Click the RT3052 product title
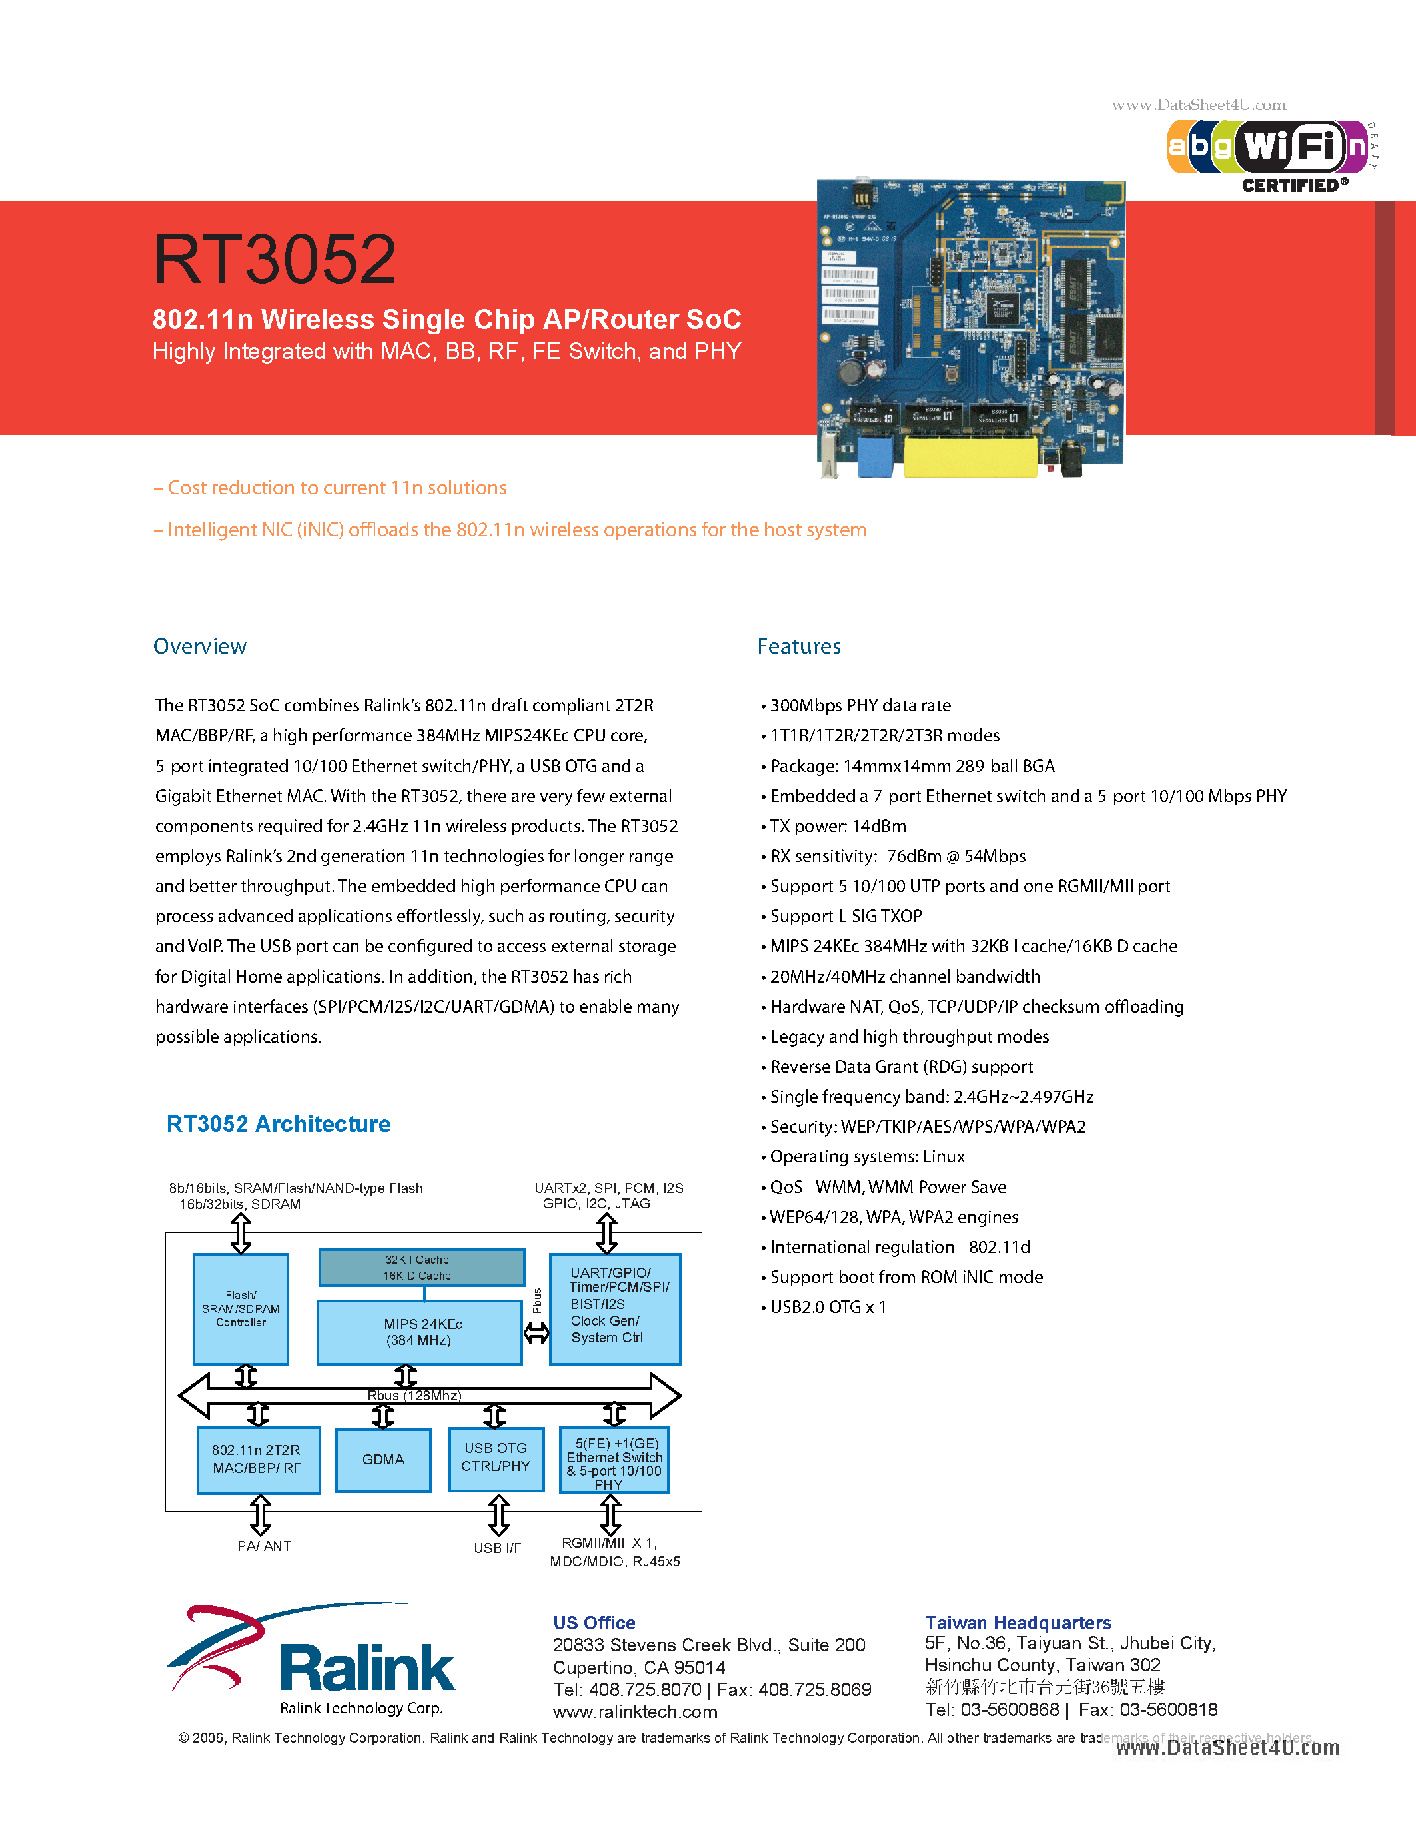click(275, 259)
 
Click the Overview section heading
click(200, 646)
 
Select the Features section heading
click(798, 646)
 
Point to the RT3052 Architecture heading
click(279, 1123)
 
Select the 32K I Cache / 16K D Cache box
click(421, 1268)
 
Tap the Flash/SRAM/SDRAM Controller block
click(241, 1308)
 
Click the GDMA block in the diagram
click(383, 1460)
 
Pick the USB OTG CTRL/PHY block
click(496, 1458)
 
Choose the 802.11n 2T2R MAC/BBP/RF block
click(257, 1460)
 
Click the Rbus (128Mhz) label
click(414, 1396)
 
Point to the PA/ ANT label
click(265, 1546)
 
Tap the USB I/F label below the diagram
click(498, 1548)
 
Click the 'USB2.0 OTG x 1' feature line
click(828, 1307)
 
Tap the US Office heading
click(594, 1623)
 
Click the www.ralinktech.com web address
click(635, 1712)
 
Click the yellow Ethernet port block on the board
click(971, 457)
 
